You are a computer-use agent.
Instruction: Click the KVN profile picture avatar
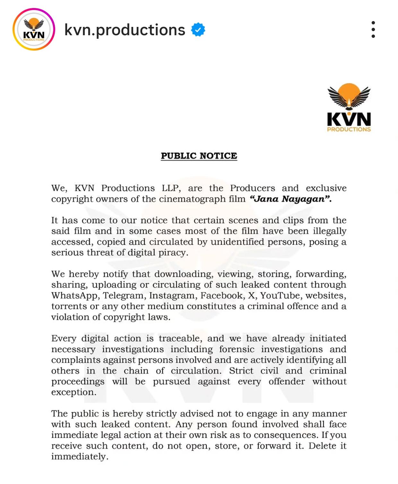pyautogui.click(x=34, y=29)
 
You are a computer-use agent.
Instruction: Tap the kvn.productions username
pyautogui.click(x=125, y=30)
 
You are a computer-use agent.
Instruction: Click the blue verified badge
pyautogui.click(x=198, y=30)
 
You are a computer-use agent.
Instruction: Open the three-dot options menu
pyautogui.click(x=373, y=29)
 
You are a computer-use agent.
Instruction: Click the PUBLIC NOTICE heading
pyautogui.click(x=199, y=156)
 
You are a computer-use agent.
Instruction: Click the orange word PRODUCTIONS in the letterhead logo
pyautogui.click(x=349, y=129)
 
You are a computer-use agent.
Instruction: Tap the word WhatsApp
pyautogui.click(x=75, y=295)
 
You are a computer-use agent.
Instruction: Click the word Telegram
pyautogui.click(x=123, y=295)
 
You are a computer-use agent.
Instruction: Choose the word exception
pyautogui.click(x=74, y=392)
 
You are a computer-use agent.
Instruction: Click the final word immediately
pyautogui.click(x=79, y=457)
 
